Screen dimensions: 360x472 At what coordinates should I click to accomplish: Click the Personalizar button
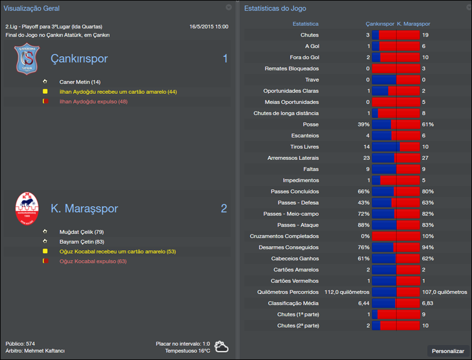448,351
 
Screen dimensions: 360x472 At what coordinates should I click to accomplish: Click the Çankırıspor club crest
27,60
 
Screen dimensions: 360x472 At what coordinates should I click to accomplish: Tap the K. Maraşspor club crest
27,208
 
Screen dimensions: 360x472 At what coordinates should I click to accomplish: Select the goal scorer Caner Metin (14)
80,82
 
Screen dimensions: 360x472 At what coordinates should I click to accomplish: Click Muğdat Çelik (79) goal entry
81,232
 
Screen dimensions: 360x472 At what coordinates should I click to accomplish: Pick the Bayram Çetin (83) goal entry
82,241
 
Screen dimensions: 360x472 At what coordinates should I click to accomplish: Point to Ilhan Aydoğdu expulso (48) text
93,102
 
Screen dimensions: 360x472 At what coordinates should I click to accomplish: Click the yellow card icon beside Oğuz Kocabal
45,251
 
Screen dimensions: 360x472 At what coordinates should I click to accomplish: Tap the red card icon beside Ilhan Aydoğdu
45,102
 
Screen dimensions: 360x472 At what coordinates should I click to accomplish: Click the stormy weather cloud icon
222,346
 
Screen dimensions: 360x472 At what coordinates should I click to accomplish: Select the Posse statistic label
310,125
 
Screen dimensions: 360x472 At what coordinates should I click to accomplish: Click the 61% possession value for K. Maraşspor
427,125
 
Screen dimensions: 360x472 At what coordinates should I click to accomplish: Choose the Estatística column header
306,24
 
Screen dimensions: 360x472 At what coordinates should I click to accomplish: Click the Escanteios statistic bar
395,136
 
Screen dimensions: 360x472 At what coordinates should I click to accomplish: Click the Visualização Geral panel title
32,8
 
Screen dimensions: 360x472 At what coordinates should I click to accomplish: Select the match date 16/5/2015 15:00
209,27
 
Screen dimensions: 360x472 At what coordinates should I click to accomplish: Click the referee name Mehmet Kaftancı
44,351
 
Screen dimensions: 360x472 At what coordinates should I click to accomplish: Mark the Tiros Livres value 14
366,147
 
